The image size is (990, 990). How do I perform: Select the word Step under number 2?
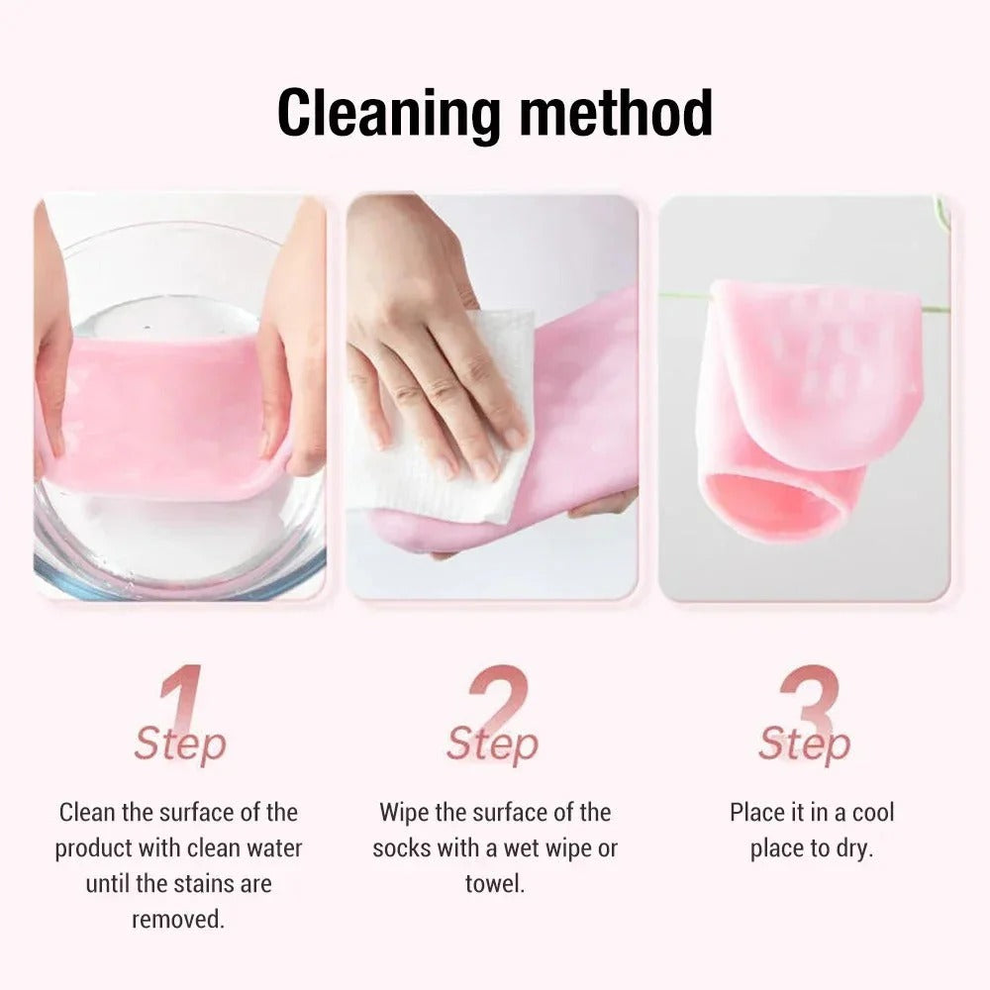[492, 744]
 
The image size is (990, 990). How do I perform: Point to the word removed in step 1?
[178, 918]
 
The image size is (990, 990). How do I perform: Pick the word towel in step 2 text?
[494, 883]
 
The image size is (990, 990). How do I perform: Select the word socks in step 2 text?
[401, 848]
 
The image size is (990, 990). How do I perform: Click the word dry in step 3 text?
[852, 848]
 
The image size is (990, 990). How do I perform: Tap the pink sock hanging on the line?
[812, 376]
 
